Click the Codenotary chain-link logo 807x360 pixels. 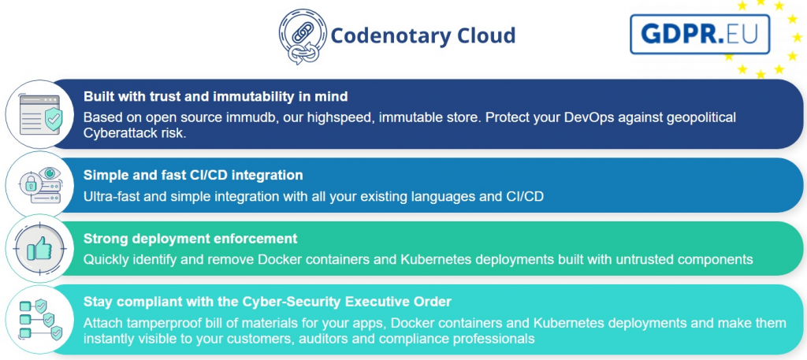(303, 36)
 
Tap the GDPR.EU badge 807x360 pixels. (700, 34)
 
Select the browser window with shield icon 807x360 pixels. (40, 115)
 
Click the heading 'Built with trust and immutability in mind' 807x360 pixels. (216, 96)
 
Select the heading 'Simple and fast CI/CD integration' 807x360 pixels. (193, 175)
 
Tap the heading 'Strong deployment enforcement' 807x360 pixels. (191, 239)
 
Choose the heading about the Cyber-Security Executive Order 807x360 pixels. (267, 302)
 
